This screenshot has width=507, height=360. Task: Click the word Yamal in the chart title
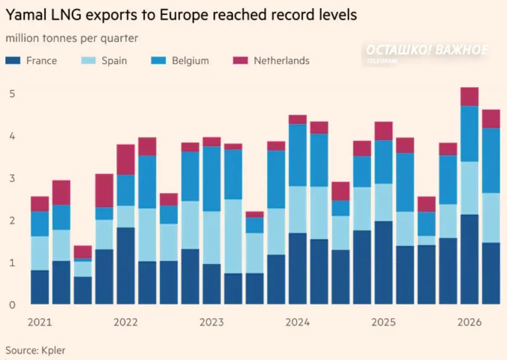click(26, 15)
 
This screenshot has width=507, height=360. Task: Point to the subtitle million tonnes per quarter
click(72, 38)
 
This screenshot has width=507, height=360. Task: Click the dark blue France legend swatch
click(13, 61)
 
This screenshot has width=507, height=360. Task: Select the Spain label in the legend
click(114, 61)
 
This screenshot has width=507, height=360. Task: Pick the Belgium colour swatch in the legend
click(158, 61)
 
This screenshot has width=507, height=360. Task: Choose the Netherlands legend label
click(282, 61)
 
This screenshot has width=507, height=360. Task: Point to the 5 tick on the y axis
click(12, 94)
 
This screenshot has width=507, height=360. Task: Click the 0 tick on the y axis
click(12, 305)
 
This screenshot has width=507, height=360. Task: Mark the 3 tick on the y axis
click(12, 179)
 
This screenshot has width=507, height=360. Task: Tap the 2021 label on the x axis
click(40, 322)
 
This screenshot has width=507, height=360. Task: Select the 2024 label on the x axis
click(298, 322)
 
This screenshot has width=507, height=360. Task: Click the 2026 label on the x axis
click(469, 322)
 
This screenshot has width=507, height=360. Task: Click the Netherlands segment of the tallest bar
click(469, 97)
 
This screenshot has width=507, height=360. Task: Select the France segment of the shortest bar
click(83, 290)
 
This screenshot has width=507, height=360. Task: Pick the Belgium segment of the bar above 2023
click(211, 179)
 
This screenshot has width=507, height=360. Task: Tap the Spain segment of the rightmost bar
click(491, 218)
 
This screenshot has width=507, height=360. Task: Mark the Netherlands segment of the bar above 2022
click(126, 160)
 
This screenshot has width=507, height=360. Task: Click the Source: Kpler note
click(35, 350)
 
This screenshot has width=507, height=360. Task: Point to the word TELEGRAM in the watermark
click(382, 61)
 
